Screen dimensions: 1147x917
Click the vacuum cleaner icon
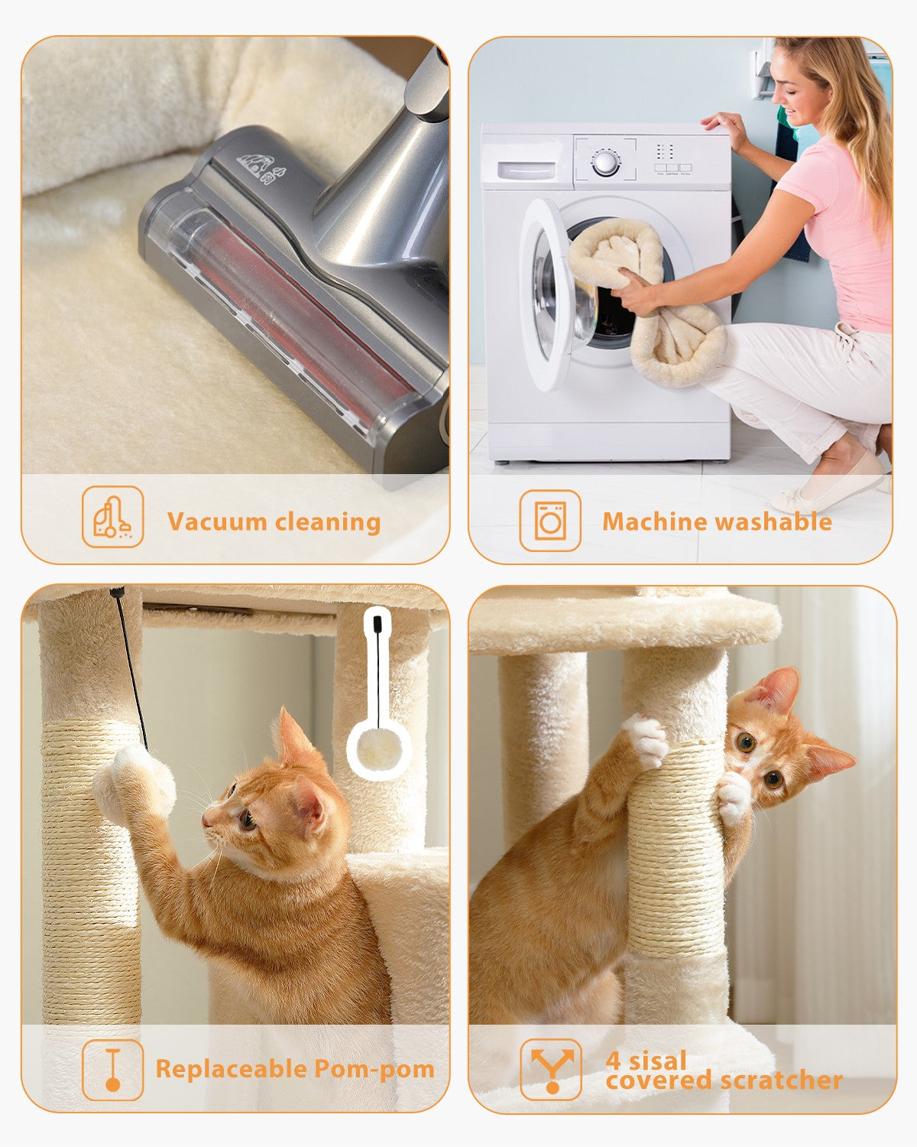113,517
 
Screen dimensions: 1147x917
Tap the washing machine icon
550,521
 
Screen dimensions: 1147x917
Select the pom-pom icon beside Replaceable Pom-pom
113,1070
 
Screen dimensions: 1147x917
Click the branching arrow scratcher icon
551,1070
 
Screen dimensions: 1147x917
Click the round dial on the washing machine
605,163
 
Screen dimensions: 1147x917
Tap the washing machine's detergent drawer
527,170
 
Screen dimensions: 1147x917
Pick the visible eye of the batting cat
248,820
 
